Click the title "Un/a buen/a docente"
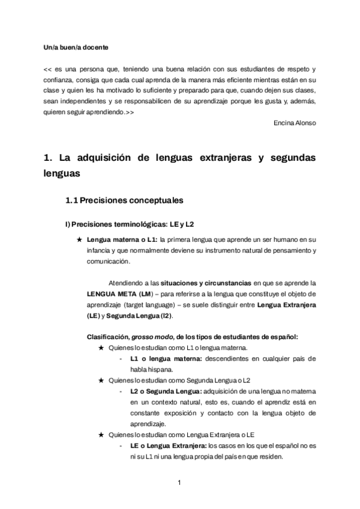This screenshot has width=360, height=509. (76, 46)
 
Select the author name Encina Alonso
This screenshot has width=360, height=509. (293, 123)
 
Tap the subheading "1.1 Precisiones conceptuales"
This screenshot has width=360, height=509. (124, 199)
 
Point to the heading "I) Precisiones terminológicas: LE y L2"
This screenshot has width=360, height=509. (129, 224)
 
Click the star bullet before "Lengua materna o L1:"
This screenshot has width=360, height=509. (80, 239)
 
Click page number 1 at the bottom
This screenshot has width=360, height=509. (179, 482)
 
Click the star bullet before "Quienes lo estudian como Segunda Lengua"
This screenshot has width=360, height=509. (101, 381)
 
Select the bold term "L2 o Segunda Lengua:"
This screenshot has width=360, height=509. (161, 391)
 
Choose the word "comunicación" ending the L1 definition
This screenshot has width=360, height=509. (110, 261)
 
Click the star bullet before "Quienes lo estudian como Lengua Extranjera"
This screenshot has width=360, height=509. (101, 435)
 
